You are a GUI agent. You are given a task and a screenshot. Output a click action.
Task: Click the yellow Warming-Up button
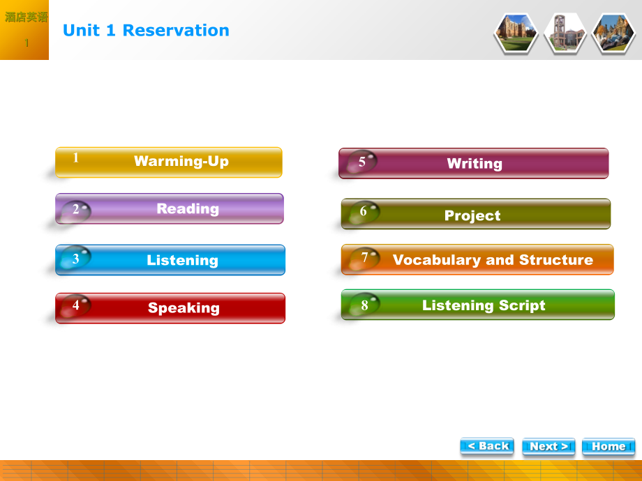point(169,162)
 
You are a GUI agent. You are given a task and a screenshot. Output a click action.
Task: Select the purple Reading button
point(170,208)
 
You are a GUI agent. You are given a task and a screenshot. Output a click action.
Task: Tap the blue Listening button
point(170,260)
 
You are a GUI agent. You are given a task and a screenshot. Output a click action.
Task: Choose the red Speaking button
point(170,308)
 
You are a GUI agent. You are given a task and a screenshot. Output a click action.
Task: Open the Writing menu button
point(474,164)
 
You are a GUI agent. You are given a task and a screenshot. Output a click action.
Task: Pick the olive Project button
point(476,214)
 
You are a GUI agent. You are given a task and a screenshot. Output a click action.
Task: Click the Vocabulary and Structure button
point(477,260)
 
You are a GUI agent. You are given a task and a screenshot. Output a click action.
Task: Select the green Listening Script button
point(478,305)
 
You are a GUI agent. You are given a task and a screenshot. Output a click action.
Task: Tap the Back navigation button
point(487,446)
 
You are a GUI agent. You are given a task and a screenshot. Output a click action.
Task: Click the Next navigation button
point(548,446)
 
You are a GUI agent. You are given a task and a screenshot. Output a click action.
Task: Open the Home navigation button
point(609,446)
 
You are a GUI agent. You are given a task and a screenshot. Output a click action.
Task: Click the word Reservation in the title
point(176,30)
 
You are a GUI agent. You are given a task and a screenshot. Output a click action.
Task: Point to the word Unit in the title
point(81,30)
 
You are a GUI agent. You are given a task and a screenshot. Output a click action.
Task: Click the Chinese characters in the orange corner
point(26,17)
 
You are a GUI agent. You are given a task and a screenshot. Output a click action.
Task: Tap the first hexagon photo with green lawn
point(516,33)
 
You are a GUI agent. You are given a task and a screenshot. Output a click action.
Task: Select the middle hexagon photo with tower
point(565,33)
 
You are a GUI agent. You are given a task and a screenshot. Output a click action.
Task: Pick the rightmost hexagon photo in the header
point(613,33)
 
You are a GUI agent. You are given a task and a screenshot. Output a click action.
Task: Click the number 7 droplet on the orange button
point(364,258)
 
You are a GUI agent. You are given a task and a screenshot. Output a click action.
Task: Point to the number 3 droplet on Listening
point(75,259)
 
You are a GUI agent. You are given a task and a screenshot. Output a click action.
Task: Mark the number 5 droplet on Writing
point(361,162)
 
